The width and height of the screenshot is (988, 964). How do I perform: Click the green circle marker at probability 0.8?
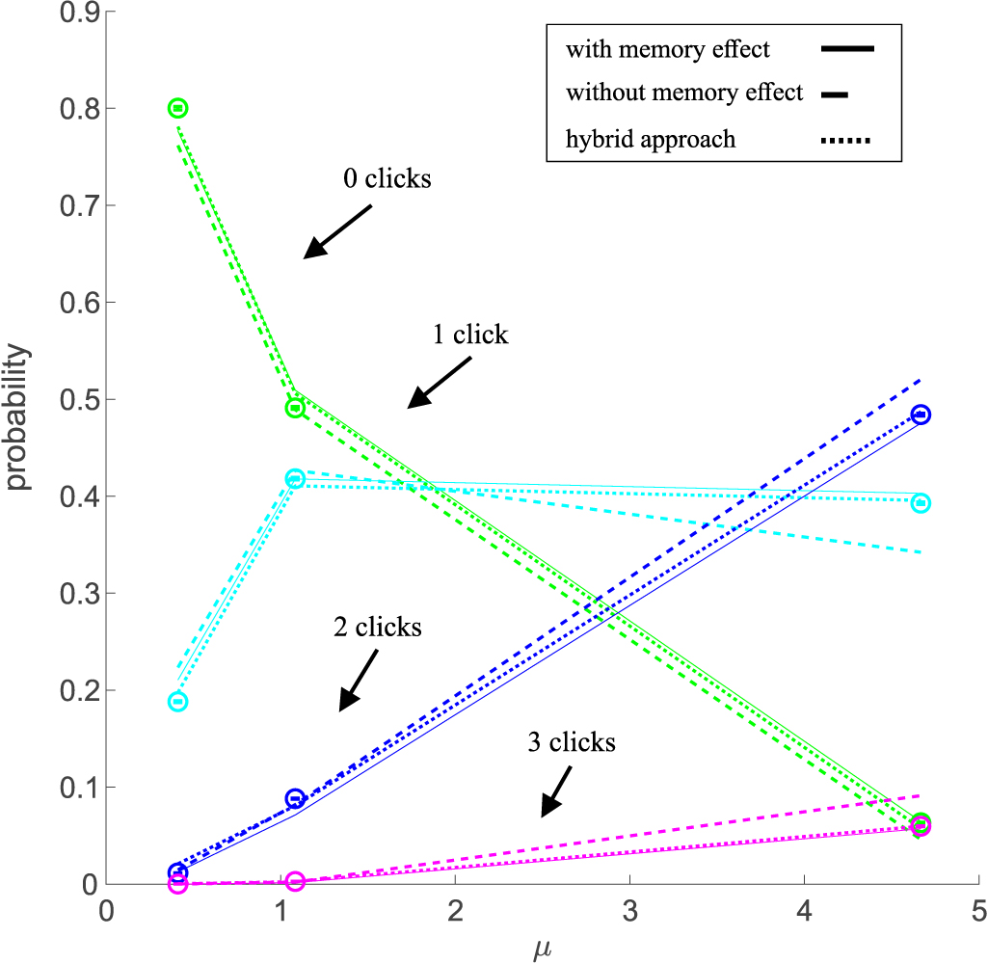coord(177,108)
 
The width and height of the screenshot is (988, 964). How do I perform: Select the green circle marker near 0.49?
coord(296,408)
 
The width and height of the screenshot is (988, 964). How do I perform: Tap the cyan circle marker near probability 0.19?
coord(177,701)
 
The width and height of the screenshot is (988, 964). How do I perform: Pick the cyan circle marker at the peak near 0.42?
coord(296,478)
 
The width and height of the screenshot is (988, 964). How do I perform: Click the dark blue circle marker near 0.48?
coord(921,415)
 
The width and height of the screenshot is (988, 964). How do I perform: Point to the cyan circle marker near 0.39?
coord(921,503)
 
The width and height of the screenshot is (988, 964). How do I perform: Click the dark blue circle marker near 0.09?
coord(296,798)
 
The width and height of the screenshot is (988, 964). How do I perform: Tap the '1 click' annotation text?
coord(470,335)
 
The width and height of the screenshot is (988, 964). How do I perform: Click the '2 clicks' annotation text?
coord(378,627)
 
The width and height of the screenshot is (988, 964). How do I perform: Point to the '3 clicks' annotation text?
coord(571,741)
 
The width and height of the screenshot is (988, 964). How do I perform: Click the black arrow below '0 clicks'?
coord(337,231)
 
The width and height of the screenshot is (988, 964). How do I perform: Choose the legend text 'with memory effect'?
coord(667,48)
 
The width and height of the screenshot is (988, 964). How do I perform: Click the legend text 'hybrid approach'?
coord(651,139)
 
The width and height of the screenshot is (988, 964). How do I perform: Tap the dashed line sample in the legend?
coord(835,94)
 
